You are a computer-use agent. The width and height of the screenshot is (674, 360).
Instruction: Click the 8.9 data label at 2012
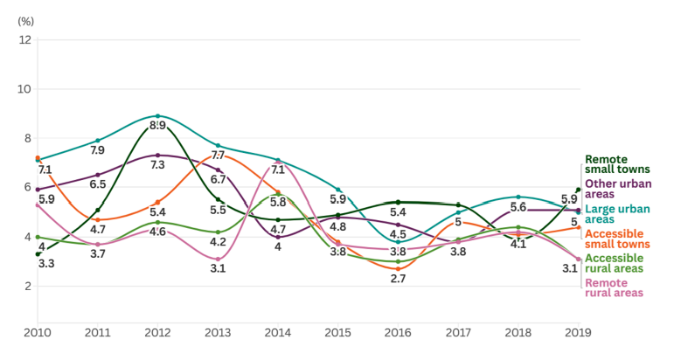[158, 126]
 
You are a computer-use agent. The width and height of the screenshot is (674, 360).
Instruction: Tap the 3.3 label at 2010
[46, 263]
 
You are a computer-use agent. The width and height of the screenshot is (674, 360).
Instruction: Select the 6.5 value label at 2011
[98, 184]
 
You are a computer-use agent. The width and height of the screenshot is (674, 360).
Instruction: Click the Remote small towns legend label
[615, 164]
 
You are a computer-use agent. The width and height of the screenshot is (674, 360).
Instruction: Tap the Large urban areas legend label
[615, 214]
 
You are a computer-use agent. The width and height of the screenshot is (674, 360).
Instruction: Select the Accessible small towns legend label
[615, 239]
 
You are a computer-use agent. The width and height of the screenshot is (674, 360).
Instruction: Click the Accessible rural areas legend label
[614, 263]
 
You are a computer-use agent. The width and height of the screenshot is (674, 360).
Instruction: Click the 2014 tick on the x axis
[277, 333]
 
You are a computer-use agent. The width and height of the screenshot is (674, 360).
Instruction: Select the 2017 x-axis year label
[457, 333]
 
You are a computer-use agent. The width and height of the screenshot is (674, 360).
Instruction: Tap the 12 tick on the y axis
[25, 39]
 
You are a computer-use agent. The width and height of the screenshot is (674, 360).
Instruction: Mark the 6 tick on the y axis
[28, 188]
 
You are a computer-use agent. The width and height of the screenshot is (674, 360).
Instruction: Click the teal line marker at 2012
[157, 116]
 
